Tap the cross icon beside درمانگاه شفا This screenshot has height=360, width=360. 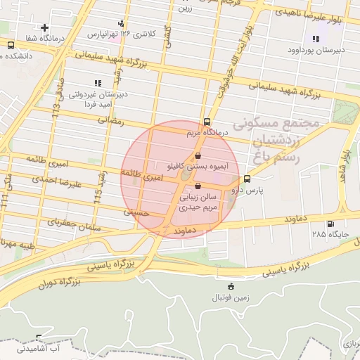pos(45,27)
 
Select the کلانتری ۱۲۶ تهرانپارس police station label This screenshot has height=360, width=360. pos(117,33)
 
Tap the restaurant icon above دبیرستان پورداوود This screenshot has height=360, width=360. pos(315,39)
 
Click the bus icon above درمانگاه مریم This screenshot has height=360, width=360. pos(206,121)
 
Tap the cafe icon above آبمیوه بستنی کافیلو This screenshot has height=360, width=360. pos(198,155)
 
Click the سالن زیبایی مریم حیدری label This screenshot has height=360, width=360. pos(196,203)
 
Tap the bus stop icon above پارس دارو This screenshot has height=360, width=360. pos(247,179)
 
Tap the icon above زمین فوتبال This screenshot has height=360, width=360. pos(231,285)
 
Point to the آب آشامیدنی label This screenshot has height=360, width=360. pos(39,349)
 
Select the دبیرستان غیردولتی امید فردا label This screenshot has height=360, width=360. pos(96,98)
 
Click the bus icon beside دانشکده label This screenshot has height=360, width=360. pos(11,44)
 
